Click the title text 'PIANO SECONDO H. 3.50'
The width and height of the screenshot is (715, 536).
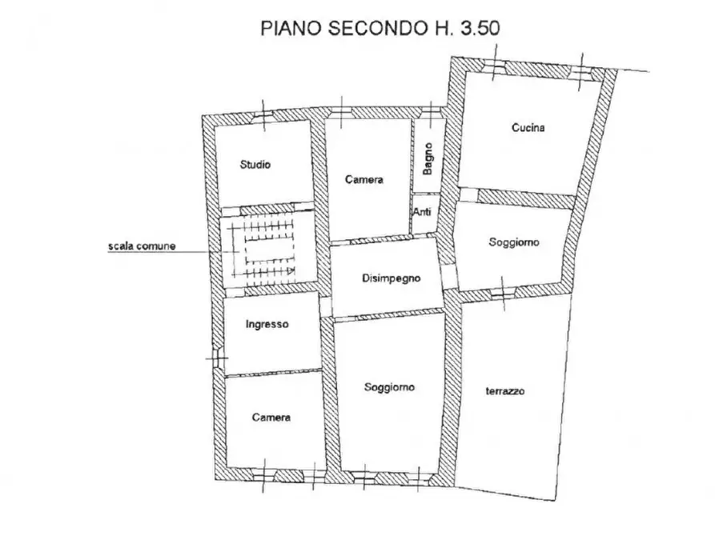click(380, 29)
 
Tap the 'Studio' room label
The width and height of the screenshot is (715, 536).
click(255, 165)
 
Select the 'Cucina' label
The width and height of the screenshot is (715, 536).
click(529, 127)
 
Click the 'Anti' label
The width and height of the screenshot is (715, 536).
click(422, 212)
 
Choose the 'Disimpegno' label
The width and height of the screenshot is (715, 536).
click(388, 278)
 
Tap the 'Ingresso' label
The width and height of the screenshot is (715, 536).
click(267, 325)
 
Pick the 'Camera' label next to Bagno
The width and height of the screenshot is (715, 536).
click(364, 180)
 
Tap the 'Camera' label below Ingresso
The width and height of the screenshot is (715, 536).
click(271, 417)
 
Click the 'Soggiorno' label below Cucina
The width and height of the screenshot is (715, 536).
click(514, 242)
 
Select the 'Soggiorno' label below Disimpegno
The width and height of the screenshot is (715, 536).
click(388, 388)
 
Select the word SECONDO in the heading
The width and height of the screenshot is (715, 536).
click(373, 29)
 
